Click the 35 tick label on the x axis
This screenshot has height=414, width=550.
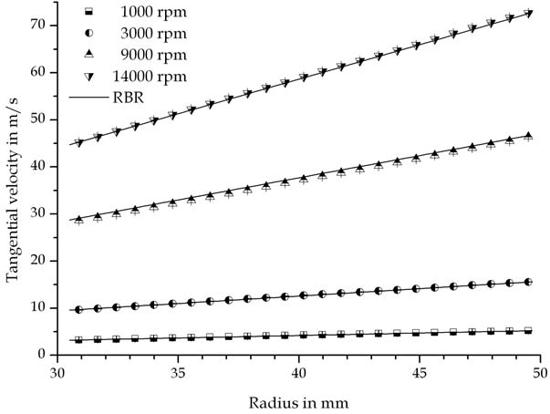point(178,374)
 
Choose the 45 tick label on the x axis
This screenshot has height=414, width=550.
point(420,374)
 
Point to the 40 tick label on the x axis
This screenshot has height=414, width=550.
point(299,374)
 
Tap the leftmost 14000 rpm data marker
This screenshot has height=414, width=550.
point(79,142)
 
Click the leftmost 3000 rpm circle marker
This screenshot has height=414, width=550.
point(79,309)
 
